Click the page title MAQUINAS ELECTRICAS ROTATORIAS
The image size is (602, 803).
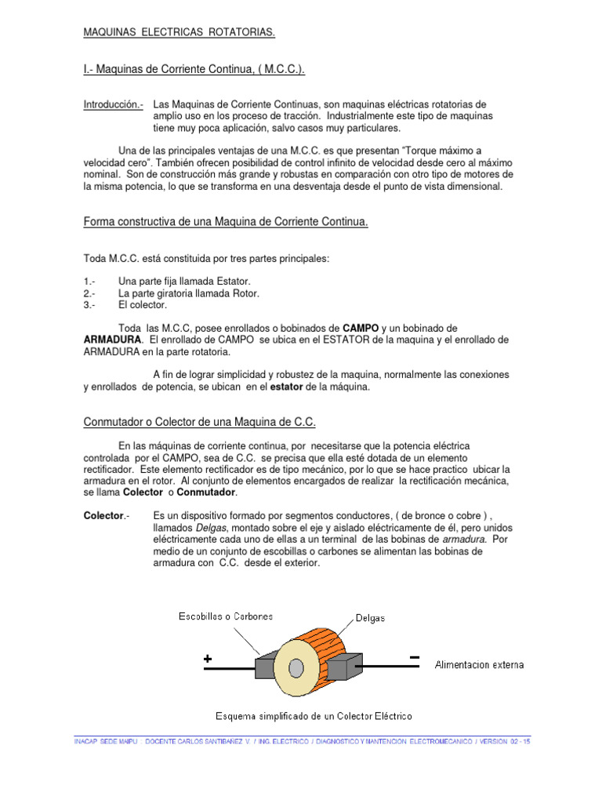pyautogui.click(x=180, y=33)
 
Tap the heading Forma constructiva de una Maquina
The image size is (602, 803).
pyautogui.click(x=226, y=223)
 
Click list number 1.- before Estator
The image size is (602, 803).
pyautogui.click(x=89, y=282)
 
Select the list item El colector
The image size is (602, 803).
pyautogui.click(x=143, y=305)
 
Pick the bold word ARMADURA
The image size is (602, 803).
pyautogui.click(x=113, y=340)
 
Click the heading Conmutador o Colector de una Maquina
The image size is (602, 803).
pyautogui.click(x=199, y=423)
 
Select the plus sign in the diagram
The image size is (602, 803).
pyautogui.click(x=208, y=660)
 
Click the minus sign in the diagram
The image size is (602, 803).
pyautogui.click(x=414, y=657)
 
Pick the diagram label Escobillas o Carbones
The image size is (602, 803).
pyautogui.click(x=227, y=616)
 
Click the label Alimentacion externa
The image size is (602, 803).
pyautogui.click(x=480, y=665)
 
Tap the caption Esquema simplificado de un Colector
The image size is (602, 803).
pyautogui.click(x=314, y=716)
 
